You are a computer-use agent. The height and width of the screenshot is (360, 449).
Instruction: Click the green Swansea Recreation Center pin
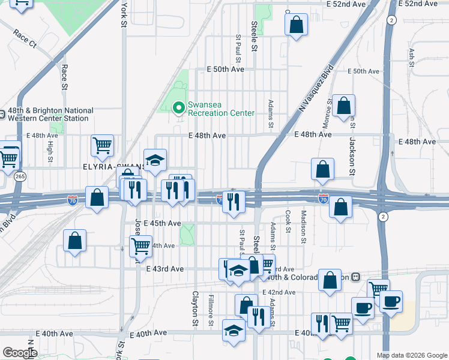pos(178,108)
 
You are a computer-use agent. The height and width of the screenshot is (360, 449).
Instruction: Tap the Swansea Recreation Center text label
pos(221,109)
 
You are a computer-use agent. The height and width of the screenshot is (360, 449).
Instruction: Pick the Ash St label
pos(412,59)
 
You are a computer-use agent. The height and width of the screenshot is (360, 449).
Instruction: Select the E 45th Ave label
pos(163,223)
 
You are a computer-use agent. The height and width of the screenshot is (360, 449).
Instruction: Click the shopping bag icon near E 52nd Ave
pos(296,26)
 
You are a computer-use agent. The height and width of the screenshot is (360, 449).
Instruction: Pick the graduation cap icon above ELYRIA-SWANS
pos(155,160)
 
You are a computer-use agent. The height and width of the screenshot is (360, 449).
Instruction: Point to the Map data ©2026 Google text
pos(412,355)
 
